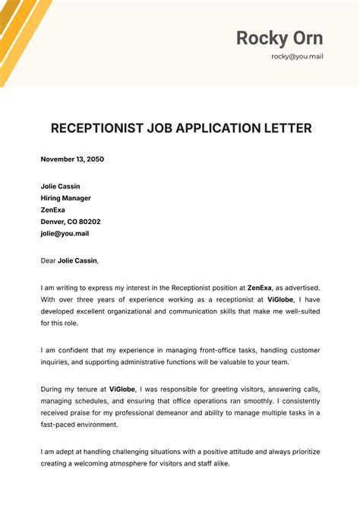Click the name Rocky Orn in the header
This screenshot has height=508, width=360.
279,38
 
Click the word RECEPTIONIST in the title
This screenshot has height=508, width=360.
100,128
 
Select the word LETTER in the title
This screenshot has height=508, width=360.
283,128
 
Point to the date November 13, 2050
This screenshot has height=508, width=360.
72,159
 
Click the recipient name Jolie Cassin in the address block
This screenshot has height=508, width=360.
60,186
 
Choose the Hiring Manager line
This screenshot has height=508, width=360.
65,198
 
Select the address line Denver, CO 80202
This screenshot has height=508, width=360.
71,222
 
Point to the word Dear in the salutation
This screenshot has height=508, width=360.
48,260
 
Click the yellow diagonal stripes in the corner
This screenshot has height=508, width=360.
23,30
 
